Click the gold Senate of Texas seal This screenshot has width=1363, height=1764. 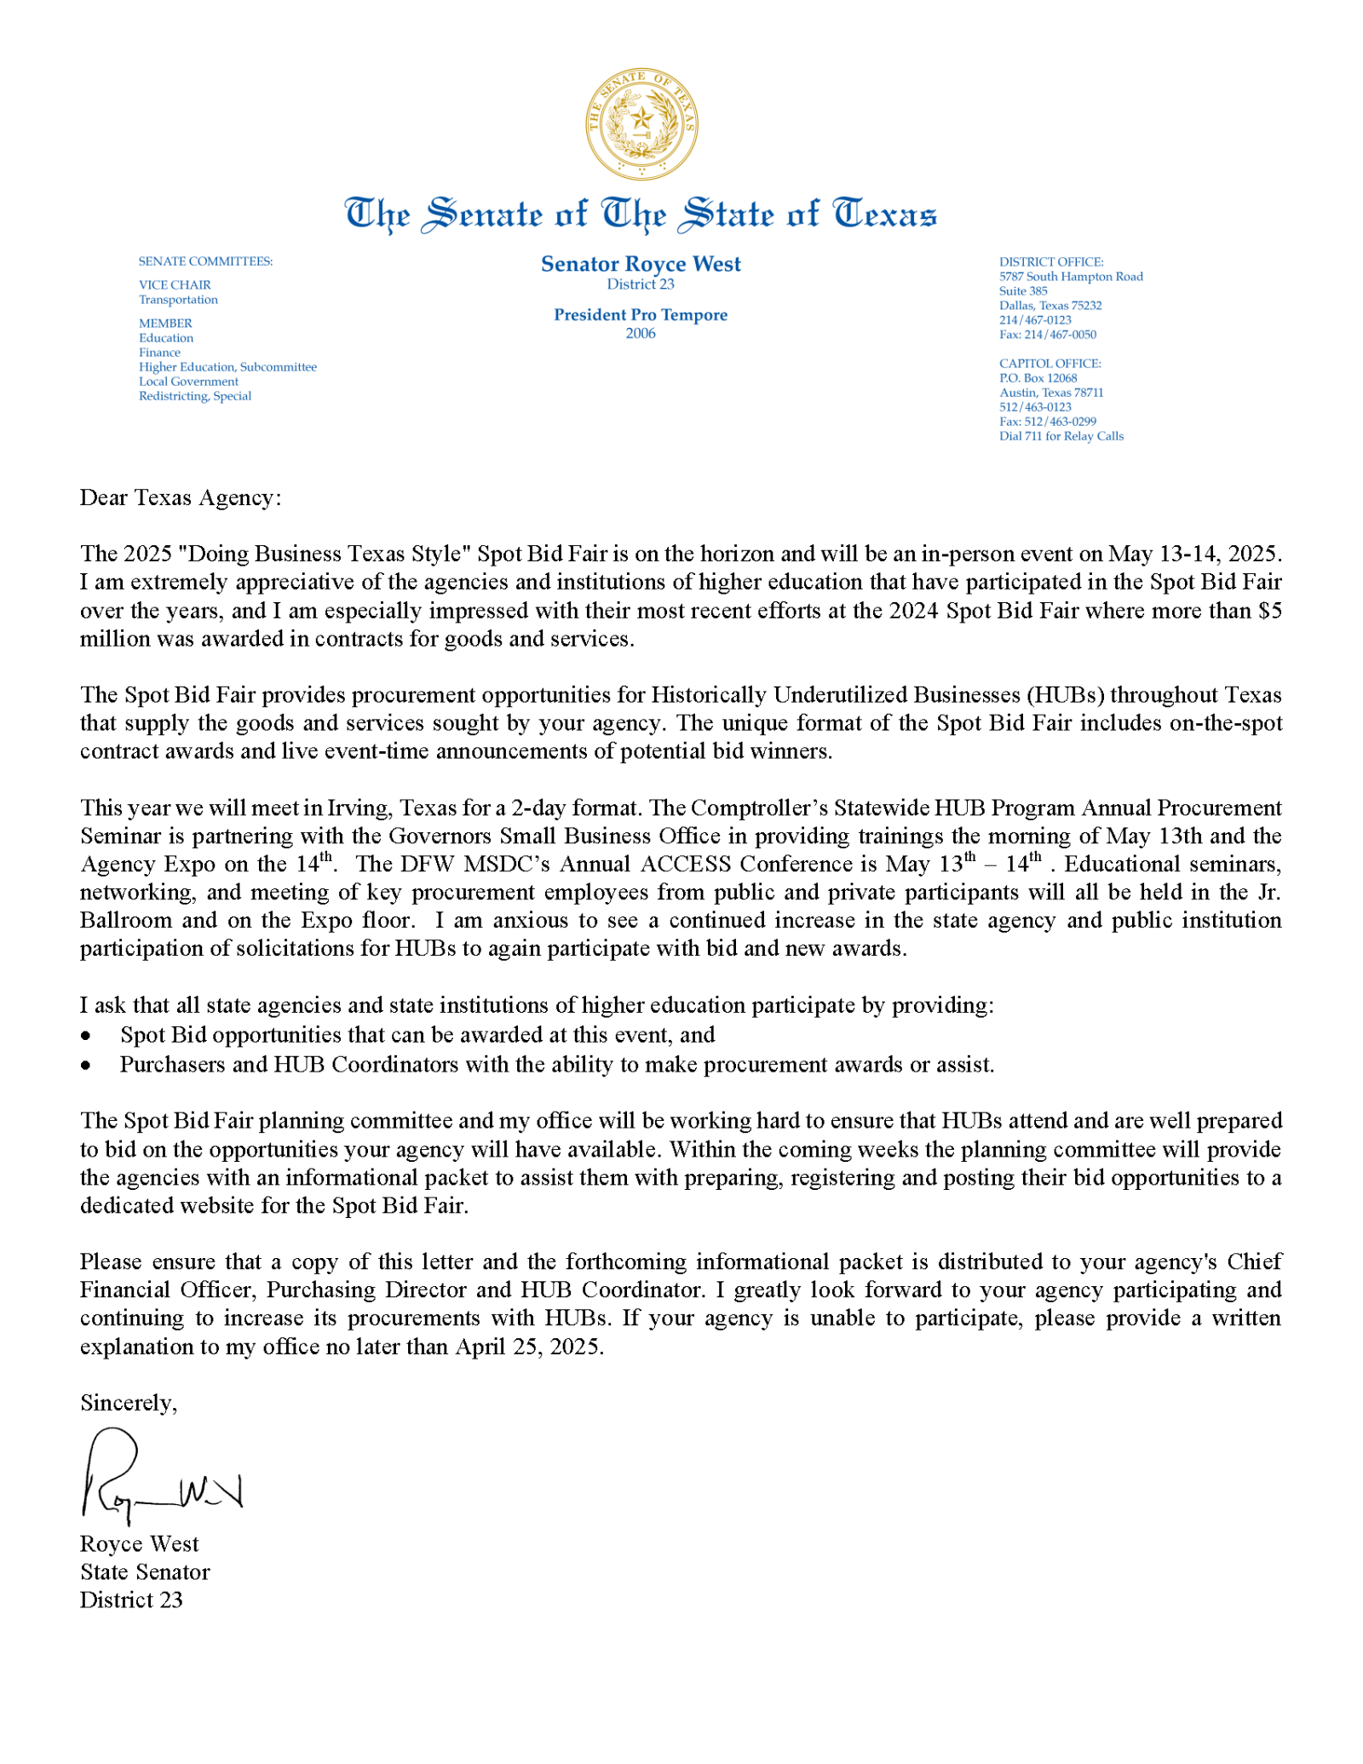coord(641,124)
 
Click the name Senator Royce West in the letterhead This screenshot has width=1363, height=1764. coord(641,264)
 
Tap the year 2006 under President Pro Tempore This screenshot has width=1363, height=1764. coord(641,334)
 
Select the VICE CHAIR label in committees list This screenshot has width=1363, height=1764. coord(175,285)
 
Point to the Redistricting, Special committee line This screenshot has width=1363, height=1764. coord(195,396)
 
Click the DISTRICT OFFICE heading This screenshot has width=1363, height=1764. coord(1051,262)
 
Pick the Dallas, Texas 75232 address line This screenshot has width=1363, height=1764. coord(1050,306)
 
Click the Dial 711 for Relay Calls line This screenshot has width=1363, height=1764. coord(1061,436)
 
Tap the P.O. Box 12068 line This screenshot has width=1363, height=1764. coord(1038,378)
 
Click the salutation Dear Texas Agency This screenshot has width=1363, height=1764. coord(180,498)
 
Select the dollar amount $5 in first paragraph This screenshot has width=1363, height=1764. coord(1269,612)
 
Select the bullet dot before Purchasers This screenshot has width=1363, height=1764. coord(85,1066)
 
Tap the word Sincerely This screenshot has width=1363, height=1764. coord(128,1403)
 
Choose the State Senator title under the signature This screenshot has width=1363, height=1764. coord(145,1572)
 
